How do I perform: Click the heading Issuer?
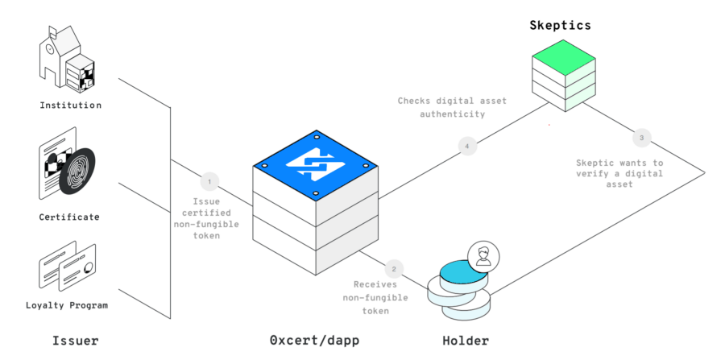(x=75, y=341)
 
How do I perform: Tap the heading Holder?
(x=466, y=341)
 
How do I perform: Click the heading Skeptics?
(x=560, y=25)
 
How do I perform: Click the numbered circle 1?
(x=209, y=180)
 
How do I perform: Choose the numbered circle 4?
(x=466, y=146)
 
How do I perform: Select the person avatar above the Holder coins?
(x=483, y=257)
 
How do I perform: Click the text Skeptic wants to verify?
(x=619, y=172)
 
